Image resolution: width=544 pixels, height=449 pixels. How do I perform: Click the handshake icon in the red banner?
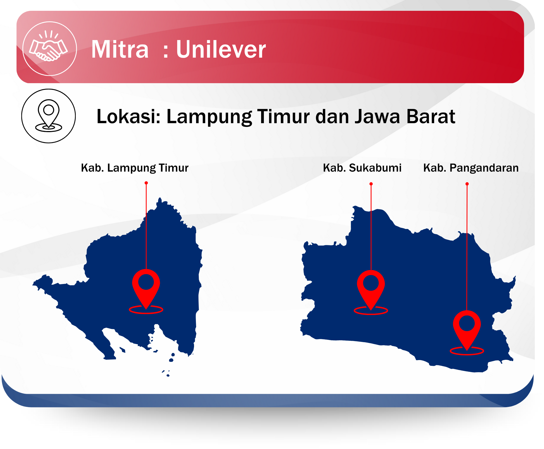(x=49, y=46)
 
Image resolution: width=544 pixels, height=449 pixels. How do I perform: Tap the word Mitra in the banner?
(x=120, y=49)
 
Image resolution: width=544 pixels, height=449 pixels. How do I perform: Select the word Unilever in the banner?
(x=221, y=49)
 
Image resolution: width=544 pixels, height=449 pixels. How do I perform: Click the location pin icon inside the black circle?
(x=49, y=116)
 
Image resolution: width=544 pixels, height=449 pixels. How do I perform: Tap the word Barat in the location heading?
(x=431, y=116)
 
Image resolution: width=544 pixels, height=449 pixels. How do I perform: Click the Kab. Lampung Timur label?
(x=135, y=168)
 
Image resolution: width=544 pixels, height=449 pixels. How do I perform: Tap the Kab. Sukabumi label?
(x=362, y=168)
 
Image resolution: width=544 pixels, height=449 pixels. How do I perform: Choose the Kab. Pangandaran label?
(x=471, y=168)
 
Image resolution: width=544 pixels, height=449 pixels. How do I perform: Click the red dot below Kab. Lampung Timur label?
(x=146, y=183)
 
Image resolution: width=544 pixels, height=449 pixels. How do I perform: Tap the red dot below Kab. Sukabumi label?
(x=371, y=184)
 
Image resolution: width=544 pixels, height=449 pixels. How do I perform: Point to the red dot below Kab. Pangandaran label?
(x=467, y=184)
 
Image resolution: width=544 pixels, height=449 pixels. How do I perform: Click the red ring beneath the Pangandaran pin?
(x=467, y=355)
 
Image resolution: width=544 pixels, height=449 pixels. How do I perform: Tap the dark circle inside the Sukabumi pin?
(x=371, y=283)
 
